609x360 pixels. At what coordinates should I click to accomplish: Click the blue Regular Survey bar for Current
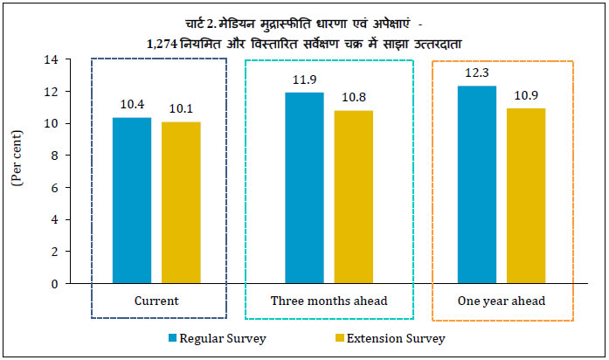[x=131, y=200]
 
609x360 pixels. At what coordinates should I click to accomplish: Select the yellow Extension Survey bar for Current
[x=181, y=203]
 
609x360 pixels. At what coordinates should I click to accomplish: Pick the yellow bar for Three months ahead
[x=354, y=197]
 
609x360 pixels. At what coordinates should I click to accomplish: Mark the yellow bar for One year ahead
[x=526, y=196]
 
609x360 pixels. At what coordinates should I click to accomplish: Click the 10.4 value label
[x=131, y=105]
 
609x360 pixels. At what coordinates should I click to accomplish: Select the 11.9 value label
[x=303, y=81]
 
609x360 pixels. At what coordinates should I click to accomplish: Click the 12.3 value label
[x=475, y=74]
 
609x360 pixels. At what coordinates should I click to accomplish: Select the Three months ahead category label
[x=329, y=301]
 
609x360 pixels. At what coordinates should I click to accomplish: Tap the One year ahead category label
[x=502, y=301]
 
